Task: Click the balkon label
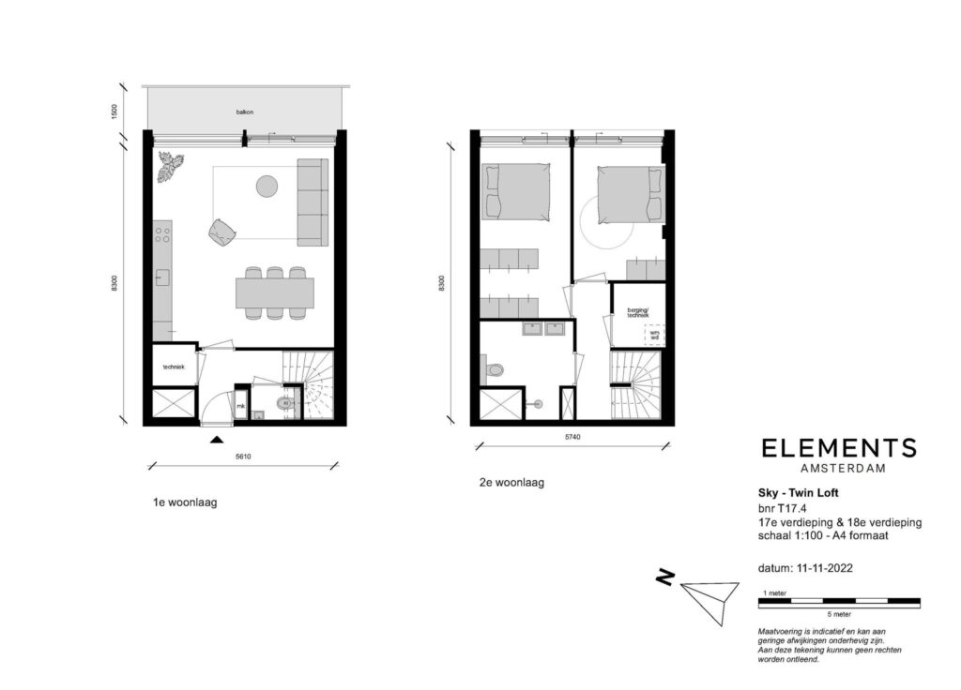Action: [x=245, y=112]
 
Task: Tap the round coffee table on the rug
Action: [x=267, y=187]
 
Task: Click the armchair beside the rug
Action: [x=223, y=233]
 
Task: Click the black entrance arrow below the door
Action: [x=217, y=438]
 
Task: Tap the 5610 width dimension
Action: [x=243, y=457]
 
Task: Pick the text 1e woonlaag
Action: [x=185, y=502]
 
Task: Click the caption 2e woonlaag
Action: [x=511, y=483]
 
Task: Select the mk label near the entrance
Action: [x=240, y=406]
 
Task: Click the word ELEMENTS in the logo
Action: [x=838, y=448]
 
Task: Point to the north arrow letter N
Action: [x=664, y=579]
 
